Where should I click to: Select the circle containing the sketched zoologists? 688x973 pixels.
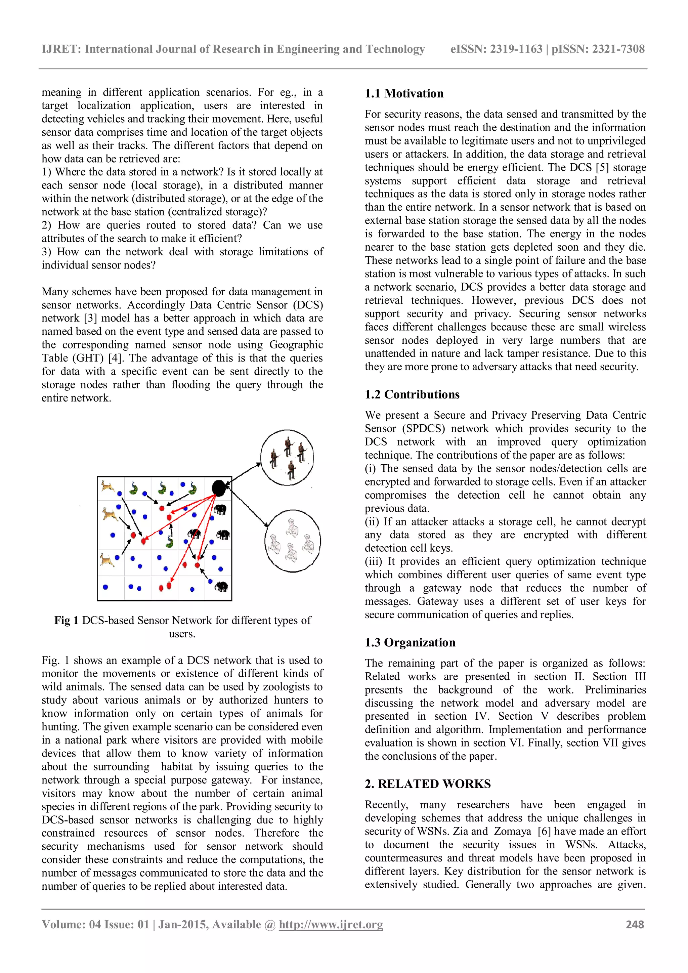click(x=292, y=541)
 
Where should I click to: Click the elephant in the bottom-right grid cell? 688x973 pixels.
click(x=221, y=587)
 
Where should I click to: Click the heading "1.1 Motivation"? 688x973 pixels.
click(x=404, y=94)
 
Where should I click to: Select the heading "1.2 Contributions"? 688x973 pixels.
click(x=412, y=394)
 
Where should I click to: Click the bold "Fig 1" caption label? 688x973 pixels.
click(x=66, y=621)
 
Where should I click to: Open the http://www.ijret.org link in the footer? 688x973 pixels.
click(x=331, y=925)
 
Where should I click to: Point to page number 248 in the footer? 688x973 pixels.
click(x=635, y=925)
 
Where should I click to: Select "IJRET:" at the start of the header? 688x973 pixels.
click(x=61, y=49)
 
